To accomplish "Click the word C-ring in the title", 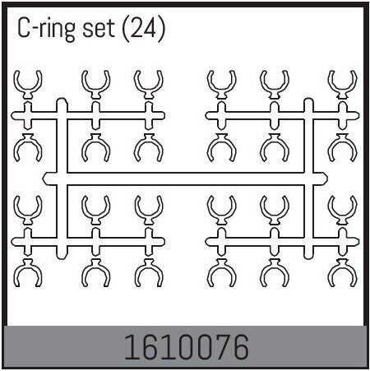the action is [x=46, y=29].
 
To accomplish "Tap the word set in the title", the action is [x=99, y=29].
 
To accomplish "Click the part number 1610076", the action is [x=187, y=346].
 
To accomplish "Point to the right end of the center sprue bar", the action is [x=327, y=179].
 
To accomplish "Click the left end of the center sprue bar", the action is [x=43, y=179].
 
